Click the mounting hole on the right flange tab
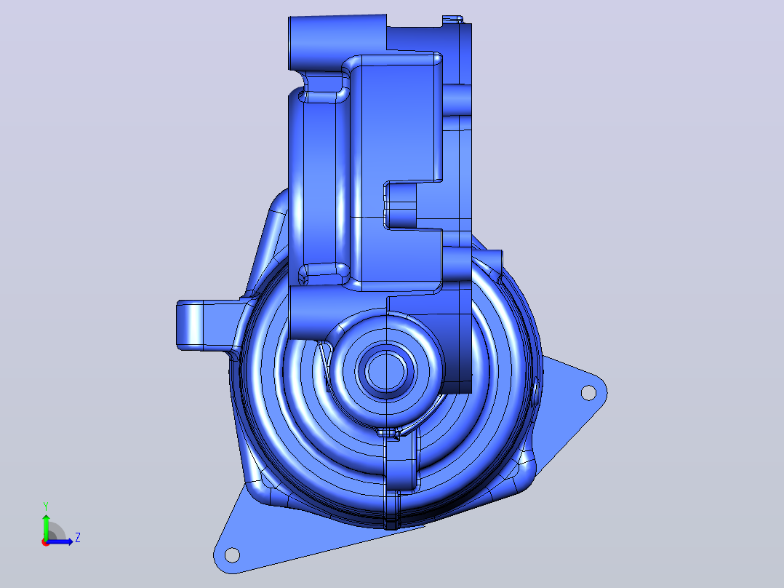(588, 393)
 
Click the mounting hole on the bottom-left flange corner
(232, 555)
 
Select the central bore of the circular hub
(385, 371)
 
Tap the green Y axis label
(46, 506)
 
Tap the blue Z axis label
(78, 538)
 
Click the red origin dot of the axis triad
(46, 542)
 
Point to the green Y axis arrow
(46, 527)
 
